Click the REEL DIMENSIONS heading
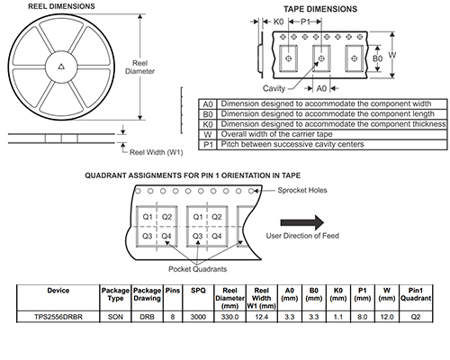point(61,6)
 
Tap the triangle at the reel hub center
point(61,67)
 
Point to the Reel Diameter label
point(139,67)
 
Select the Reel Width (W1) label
point(156,152)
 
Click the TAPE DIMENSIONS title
point(320,9)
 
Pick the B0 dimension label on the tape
point(377,58)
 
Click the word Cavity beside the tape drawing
point(274,88)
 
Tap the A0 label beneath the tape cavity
point(321,88)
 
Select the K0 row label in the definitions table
point(208,124)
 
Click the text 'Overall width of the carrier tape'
point(276,134)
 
